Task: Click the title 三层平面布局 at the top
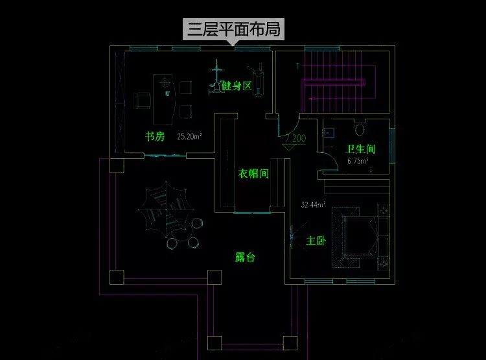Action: tap(234, 30)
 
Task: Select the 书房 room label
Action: tap(156, 136)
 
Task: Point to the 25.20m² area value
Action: tap(189, 137)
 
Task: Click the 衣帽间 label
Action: tap(252, 174)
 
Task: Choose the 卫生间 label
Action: tap(361, 149)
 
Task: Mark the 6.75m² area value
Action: tap(358, 161)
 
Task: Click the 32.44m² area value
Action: tap(313, 205)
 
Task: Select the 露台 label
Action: tap(245, 258)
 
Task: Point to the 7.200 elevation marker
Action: tap(295, 138)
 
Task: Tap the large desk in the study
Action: tap(165, 99)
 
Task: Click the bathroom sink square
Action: tap(329, 131)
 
